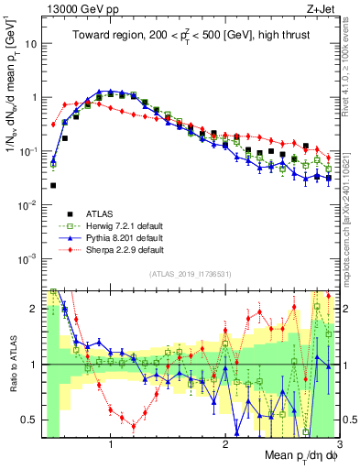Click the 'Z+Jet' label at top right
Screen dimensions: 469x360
point(320,9)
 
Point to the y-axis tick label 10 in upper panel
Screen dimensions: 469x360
point(32,43)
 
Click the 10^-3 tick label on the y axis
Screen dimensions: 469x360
point(29,258)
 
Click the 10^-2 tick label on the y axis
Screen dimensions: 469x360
point(29,204)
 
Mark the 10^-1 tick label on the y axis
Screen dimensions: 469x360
point(29,150)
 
